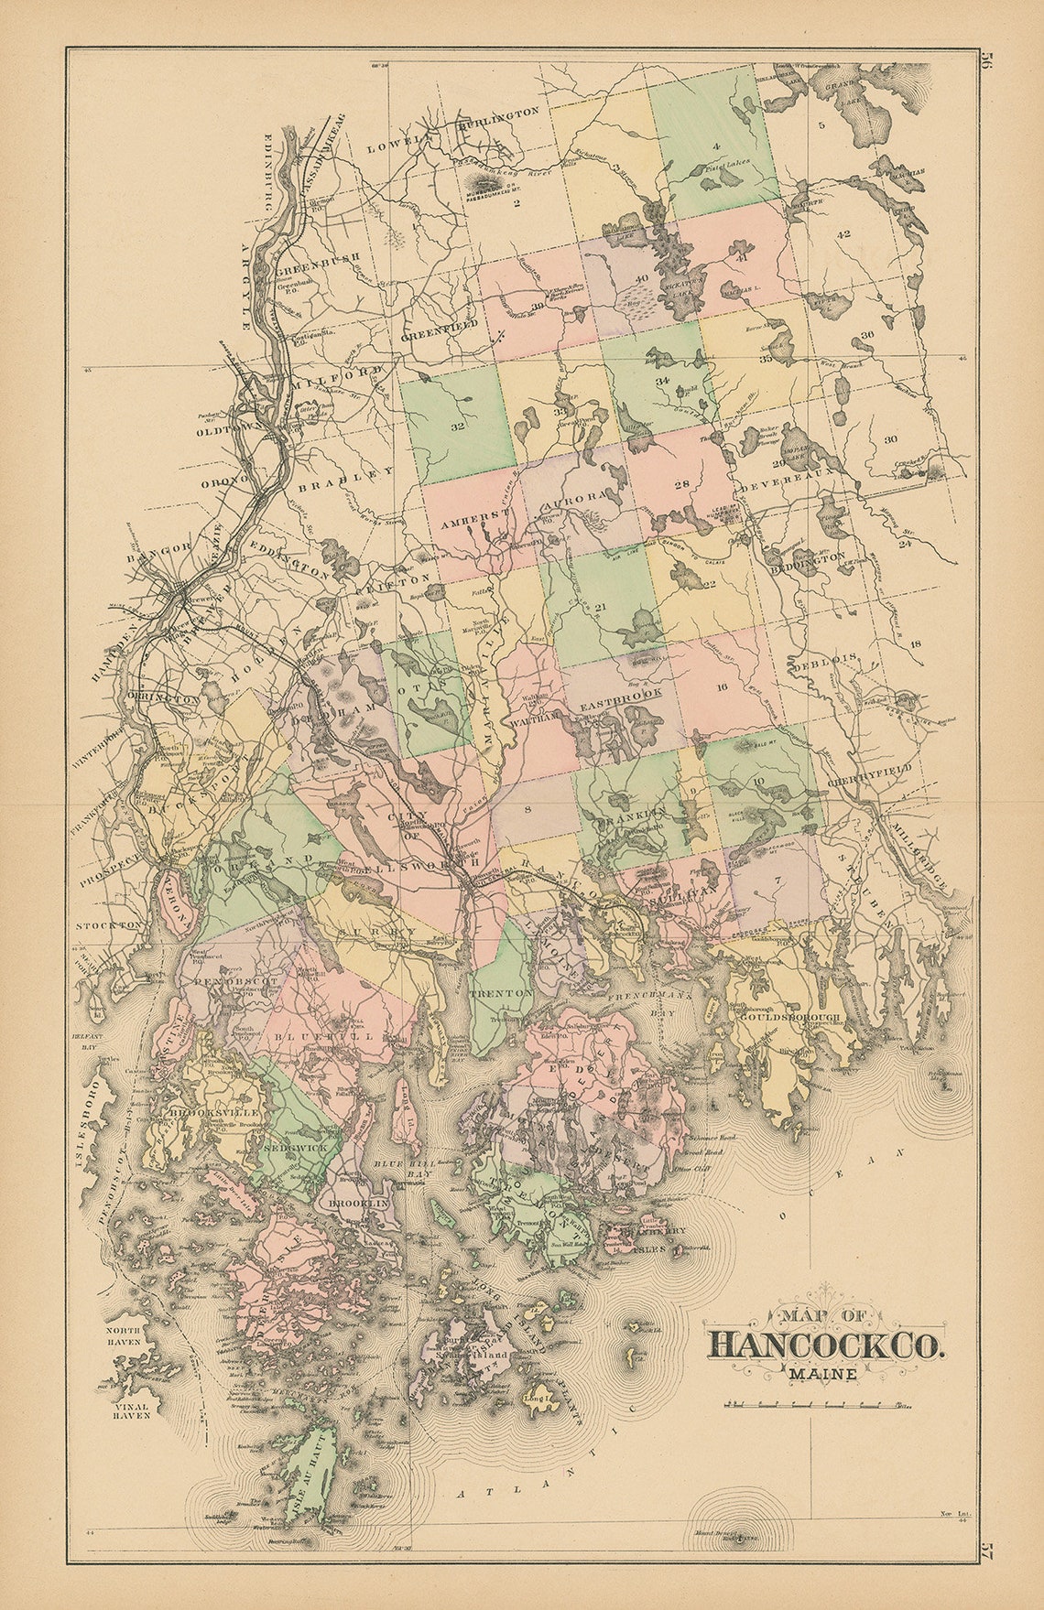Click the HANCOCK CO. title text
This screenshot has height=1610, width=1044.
pos(824,1343)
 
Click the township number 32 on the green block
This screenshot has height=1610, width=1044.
pos(458,427)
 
